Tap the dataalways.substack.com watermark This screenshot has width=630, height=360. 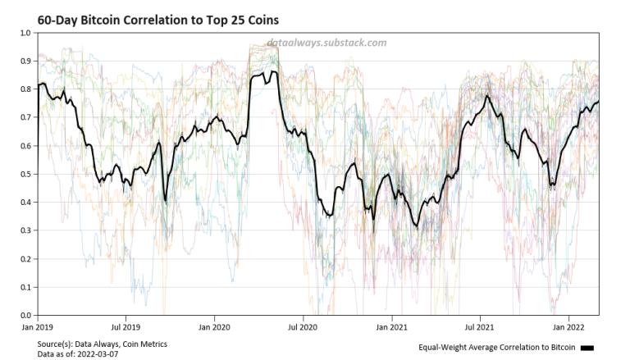point(326,43)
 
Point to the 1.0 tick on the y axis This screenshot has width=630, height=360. point(25,34)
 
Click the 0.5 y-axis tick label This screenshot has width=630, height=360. point(25,175)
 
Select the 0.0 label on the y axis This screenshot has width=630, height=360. point(25,315)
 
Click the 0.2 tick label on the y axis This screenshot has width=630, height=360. point(25,259)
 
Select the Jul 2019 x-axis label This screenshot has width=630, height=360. point(126,325)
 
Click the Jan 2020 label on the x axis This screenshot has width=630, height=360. point(214,325)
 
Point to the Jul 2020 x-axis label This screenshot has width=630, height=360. point(303,325)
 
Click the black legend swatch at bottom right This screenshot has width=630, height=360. point(587,349)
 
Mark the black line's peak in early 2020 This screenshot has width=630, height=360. point(272,72)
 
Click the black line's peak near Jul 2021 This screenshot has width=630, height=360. point(487,96)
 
